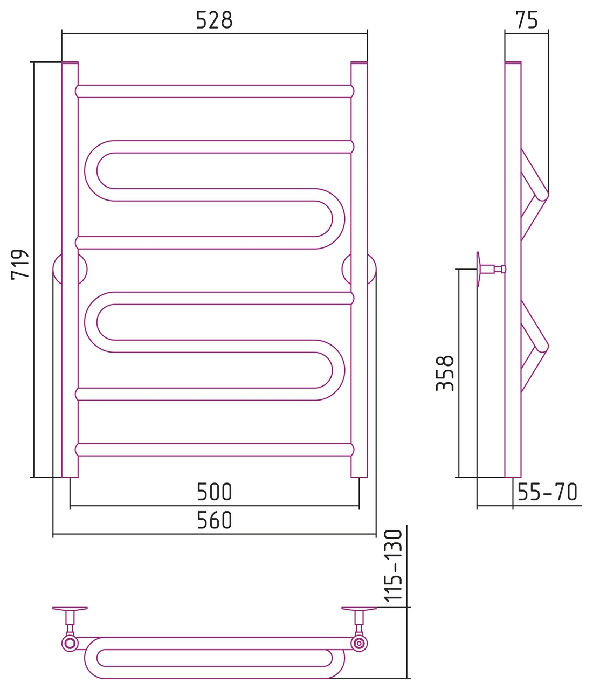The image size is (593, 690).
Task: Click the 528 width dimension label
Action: click(214, 20)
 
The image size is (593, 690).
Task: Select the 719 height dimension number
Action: click(20, 264)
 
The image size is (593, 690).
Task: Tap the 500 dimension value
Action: click(214, 492)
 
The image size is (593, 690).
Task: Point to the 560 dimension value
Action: click(214, 520)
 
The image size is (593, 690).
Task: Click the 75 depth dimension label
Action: click(527, 20)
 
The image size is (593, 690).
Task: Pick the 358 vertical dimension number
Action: click(445, 373)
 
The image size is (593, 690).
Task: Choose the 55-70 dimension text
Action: click(547, 492)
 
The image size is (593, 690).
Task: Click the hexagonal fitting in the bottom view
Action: click(70, 643)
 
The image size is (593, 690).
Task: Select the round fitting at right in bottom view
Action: click(359, 643)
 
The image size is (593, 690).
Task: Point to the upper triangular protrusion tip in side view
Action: click(548, 195)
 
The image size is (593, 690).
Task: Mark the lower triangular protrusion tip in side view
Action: click(548, 346)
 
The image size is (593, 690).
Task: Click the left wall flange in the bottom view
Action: click(70, 608)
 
